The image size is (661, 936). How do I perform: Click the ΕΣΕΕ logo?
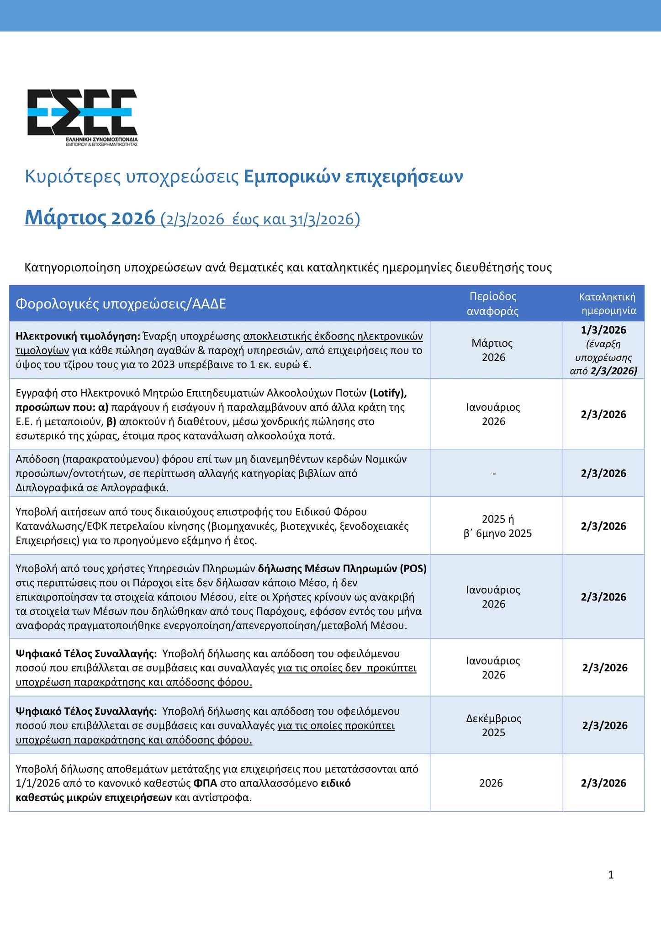(82, 117)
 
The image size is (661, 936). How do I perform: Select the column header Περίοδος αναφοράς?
(493, 303)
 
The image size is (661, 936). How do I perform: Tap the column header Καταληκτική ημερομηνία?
(607, 303)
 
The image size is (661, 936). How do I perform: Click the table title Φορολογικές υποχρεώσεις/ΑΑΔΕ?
(121, 304)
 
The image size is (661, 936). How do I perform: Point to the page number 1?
(611, 875)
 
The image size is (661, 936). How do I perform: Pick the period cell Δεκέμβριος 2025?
(493, 725)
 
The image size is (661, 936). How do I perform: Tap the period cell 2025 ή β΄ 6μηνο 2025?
(497, 526)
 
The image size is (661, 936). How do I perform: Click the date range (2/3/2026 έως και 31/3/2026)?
(260, 219)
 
